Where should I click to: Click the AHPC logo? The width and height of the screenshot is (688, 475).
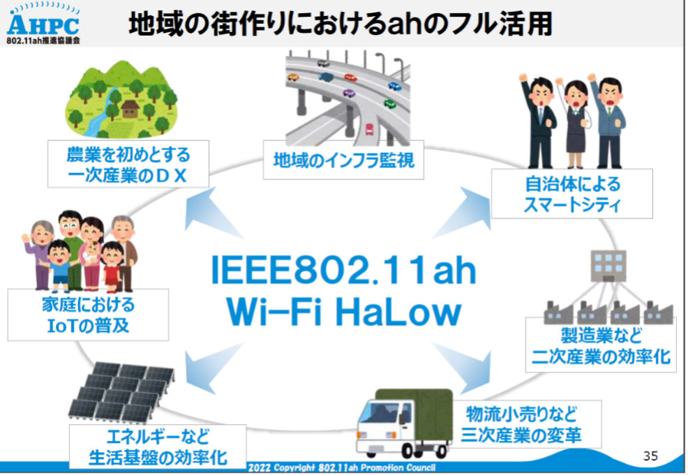point(43,24)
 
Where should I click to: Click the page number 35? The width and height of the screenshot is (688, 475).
point(650,455)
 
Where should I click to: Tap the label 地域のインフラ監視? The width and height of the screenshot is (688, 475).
point(343,160)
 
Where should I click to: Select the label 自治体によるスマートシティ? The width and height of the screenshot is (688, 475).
point(571,193)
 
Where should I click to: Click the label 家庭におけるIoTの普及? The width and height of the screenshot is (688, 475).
point(88,315)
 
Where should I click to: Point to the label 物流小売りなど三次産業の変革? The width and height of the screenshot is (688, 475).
point(521,424)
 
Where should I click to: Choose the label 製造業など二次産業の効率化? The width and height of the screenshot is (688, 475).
point(601,346)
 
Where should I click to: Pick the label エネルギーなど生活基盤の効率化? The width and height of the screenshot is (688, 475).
point(158,446)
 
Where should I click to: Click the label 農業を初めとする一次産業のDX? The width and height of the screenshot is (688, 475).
point(128,165)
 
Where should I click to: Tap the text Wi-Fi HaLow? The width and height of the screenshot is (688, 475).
point(343,312)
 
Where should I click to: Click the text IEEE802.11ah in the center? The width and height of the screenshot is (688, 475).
point(343,269)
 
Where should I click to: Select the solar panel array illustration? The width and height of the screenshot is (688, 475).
point(122,393)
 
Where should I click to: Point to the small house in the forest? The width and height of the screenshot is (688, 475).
point(130,109)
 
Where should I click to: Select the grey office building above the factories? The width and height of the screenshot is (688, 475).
point(608,266)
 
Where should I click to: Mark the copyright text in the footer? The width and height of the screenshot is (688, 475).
point(342,467)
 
